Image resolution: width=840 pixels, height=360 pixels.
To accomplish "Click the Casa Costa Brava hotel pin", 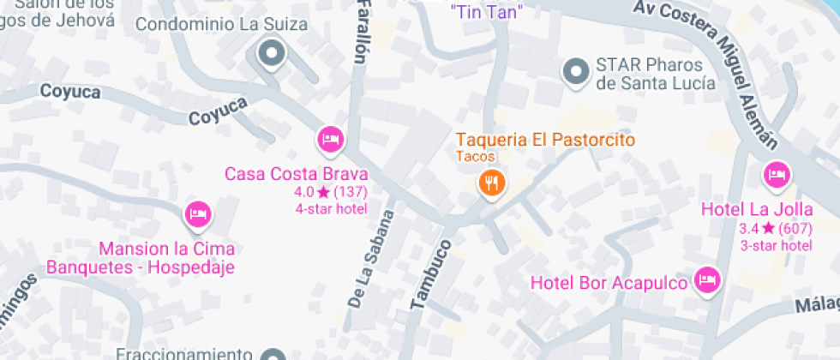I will click(330, 139).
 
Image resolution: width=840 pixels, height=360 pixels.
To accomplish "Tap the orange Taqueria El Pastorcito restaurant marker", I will click(491, 183).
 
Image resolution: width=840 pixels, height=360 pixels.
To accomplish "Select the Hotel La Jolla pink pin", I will click(777, 176).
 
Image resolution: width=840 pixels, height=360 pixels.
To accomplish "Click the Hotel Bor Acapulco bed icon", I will click(708, 280).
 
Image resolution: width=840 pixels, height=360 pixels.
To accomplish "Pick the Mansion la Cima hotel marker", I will click(199, 214).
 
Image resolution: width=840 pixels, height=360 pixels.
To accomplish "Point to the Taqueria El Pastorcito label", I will click(545, 139).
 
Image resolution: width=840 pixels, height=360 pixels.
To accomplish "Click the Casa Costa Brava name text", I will click(296, 174).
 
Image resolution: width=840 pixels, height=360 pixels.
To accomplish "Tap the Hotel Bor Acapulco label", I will click(609, 282).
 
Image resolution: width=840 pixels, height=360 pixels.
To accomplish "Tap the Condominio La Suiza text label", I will click(221, 24).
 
